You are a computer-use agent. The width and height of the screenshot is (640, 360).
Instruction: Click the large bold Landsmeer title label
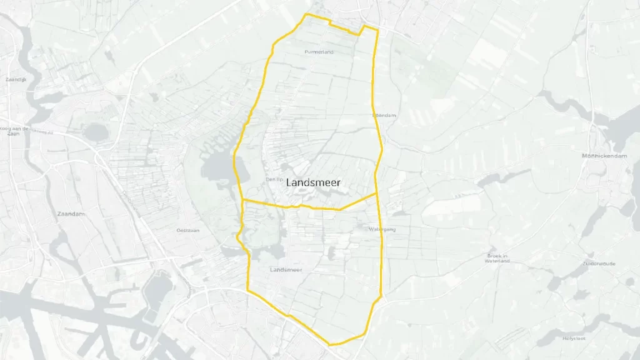point(314,183)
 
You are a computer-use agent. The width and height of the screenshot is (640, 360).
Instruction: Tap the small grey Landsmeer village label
point(286,270)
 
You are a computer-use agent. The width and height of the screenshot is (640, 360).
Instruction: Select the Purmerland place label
point(319,52)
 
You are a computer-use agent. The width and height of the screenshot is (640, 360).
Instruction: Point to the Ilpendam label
point(384,116)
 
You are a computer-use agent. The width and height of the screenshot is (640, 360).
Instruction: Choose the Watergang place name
point(382,229)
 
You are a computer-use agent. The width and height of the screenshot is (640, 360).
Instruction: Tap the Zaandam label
point(71,214)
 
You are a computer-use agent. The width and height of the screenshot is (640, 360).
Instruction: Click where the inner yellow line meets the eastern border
point(377,194)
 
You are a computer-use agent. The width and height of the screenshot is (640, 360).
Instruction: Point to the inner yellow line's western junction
point(242,200)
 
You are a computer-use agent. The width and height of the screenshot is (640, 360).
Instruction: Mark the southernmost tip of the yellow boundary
point(331,344)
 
